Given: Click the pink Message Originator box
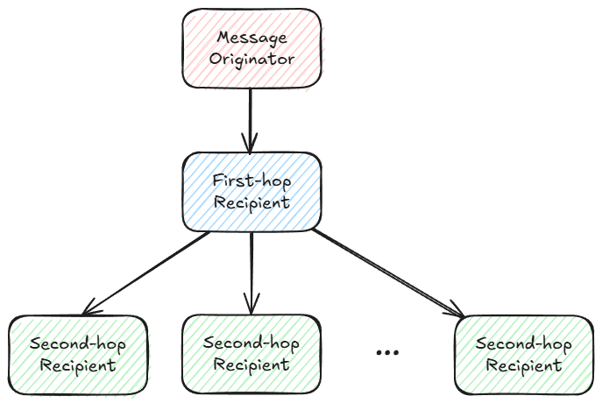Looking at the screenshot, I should click(x=251, y=48).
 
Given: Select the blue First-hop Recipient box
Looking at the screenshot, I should click(x=251, y=192).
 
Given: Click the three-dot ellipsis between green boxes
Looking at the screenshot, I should click(x=386, y=352).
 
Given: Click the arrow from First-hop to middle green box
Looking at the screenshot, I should click(x=251, y=272).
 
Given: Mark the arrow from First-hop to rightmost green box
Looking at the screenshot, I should click(x=390, y=272).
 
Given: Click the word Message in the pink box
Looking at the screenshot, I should click(x=251, y=39).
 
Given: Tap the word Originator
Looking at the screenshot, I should click(x=251, y=60).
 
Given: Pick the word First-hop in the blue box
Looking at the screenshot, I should click(x=251, y=181).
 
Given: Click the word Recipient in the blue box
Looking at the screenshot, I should click(x=251, y=202).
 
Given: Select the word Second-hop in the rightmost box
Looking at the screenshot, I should click(x=524, y=343).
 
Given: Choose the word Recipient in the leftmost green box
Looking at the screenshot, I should click(x=78, y=364).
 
